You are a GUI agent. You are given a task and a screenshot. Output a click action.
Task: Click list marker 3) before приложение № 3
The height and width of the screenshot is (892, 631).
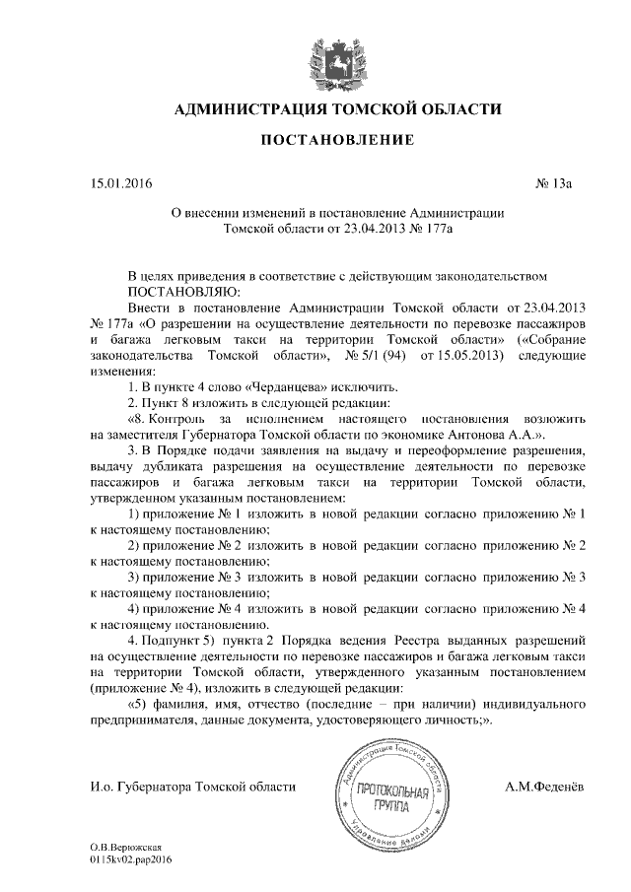tap(137, 576)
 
